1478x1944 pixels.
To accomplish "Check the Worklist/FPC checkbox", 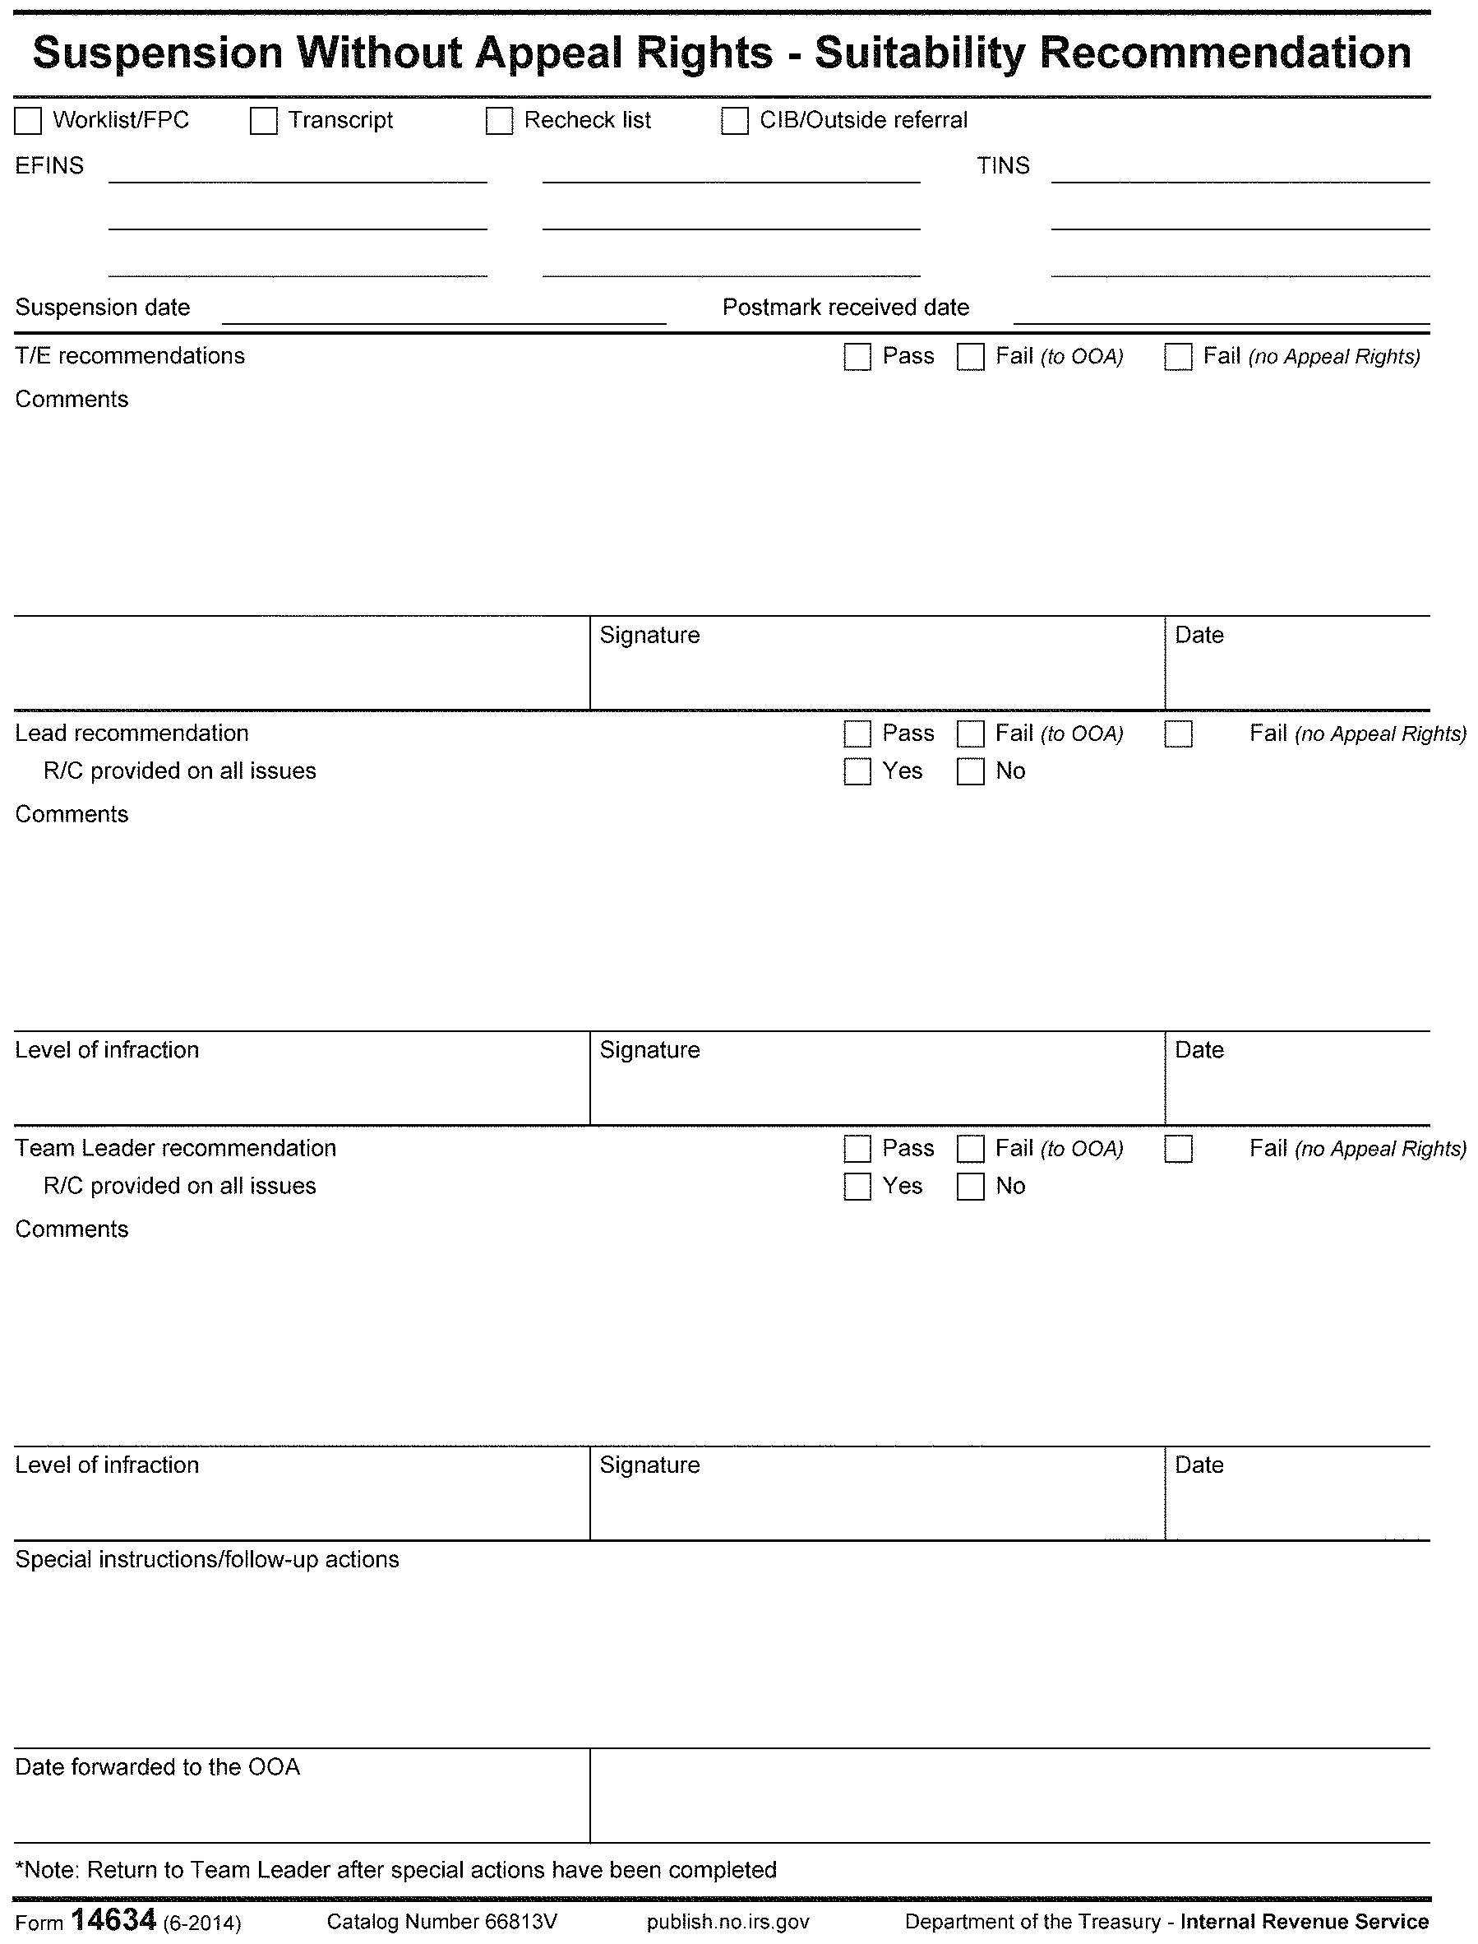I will click(x=28, y=121).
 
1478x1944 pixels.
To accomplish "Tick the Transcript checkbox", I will click(x=263, y=121).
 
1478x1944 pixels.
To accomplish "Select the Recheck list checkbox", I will click(x=499, y=121).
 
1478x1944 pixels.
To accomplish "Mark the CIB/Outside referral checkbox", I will click(x=735, y=121).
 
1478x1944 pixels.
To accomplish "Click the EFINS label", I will click(x=49, y=166).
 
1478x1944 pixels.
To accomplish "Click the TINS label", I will click(x=1003, y=166).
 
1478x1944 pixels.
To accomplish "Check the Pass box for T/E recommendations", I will click(x=857, y=356).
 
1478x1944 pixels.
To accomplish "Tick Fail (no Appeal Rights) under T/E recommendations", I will click(x=1178, y=356).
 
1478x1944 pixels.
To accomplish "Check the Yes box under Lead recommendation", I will click(x=857, y=772).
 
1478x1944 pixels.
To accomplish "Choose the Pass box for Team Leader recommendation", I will click(x=857, y=1150).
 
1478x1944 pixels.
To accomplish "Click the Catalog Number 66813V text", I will click(x=441, y=1922).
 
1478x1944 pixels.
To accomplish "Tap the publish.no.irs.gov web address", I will click(x=727, y=1922).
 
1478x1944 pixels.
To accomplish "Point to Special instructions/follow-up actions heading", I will click(x=207, y=1559).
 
